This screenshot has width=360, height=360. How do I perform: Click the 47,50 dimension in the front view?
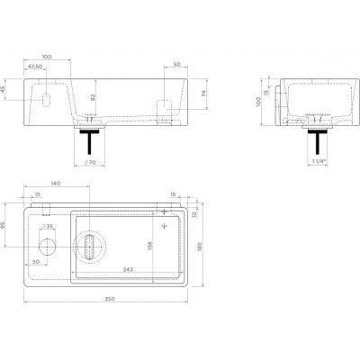tap(36, 67)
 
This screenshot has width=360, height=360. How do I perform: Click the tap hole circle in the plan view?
tap(46, 244)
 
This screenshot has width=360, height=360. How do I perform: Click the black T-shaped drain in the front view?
tap(90, 140)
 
